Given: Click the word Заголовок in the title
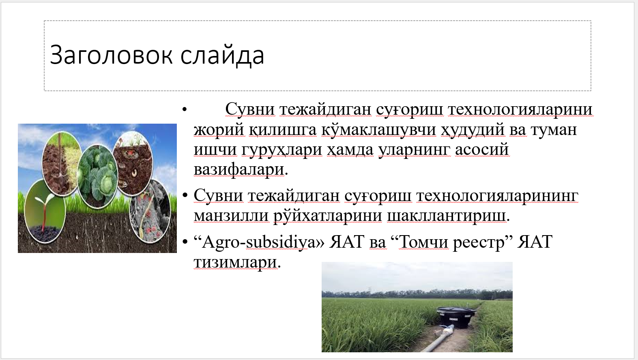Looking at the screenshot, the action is [112, 55].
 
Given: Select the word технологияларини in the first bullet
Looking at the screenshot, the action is [520, 109].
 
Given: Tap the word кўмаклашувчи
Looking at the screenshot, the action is [378, 130].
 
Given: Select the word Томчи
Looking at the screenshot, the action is [424, 242].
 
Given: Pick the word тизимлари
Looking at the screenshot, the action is [235, 262].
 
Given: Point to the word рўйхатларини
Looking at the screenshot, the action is [328, 216].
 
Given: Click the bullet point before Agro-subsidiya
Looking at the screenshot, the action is [185, 242].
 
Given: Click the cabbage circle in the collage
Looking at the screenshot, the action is [97, 176].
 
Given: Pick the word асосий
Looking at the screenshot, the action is [482, 150].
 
